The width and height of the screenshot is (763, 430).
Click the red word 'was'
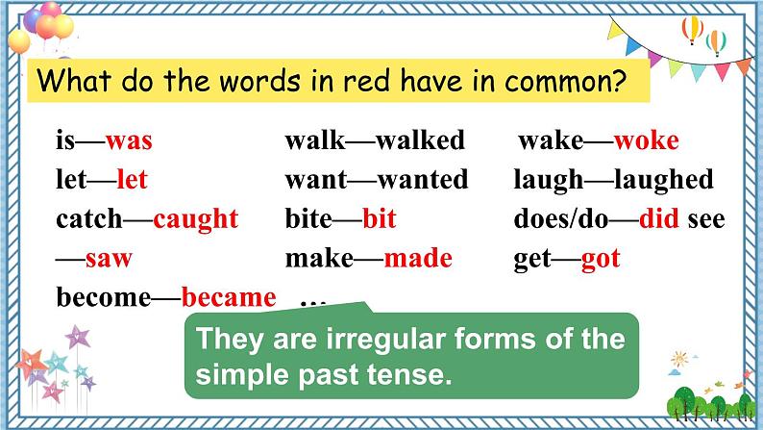129,141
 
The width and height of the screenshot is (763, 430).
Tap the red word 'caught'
195,218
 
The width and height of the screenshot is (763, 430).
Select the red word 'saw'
109,258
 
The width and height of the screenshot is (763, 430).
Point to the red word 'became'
228,296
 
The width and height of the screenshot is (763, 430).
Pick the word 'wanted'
423,180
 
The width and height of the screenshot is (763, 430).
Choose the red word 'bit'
380,218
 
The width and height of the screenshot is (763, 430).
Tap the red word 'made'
417,258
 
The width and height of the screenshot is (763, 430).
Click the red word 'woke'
646,140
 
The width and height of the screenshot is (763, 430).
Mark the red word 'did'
659,218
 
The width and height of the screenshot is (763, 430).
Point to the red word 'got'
601,258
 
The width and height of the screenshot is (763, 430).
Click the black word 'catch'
89,218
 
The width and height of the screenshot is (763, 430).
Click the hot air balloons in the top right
703,37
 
